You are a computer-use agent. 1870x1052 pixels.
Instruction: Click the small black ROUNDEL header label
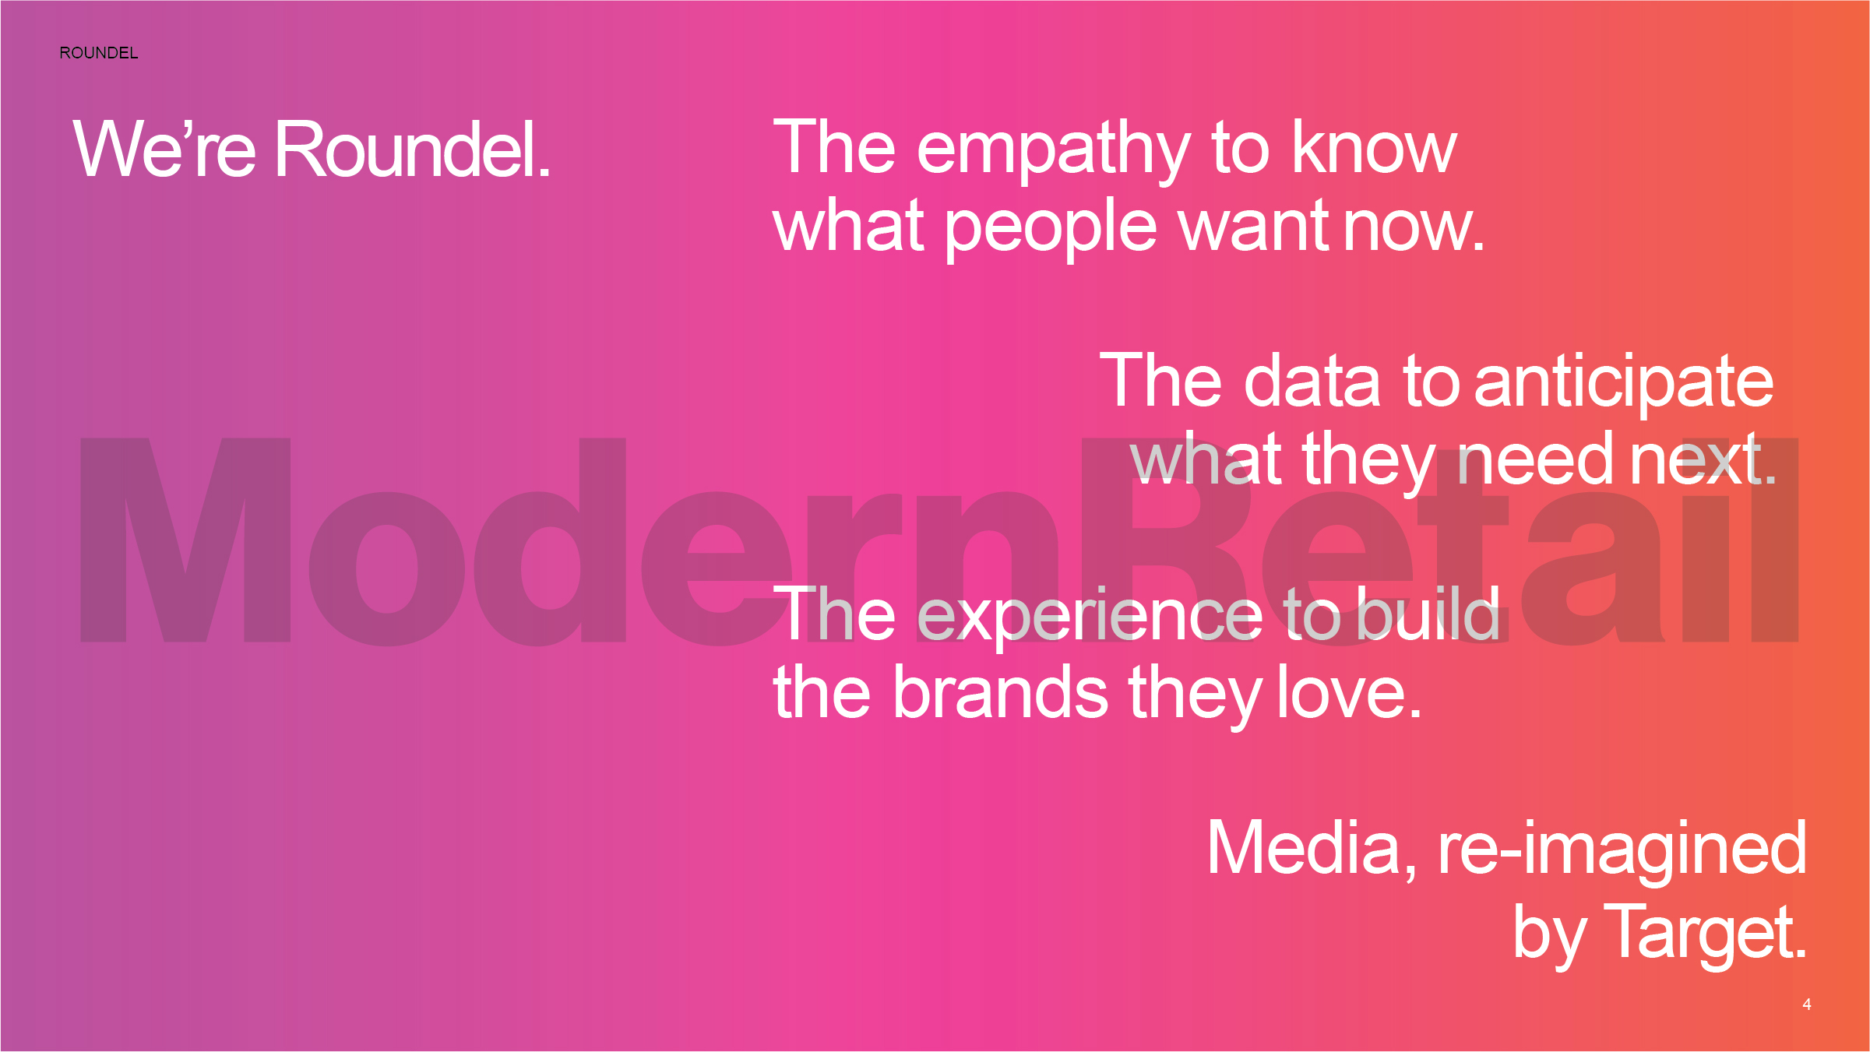coord(99,53)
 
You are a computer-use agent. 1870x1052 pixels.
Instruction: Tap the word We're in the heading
coord(164,148)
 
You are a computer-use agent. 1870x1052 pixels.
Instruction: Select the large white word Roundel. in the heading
coord(413,148)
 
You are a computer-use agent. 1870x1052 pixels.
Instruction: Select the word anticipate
coord(1624,384)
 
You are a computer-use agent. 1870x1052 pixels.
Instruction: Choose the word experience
coord(1090,617)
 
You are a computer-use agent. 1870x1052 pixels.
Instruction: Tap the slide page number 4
coord(1807,1005)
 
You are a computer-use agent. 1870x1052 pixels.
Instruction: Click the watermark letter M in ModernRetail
coord(185,540)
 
